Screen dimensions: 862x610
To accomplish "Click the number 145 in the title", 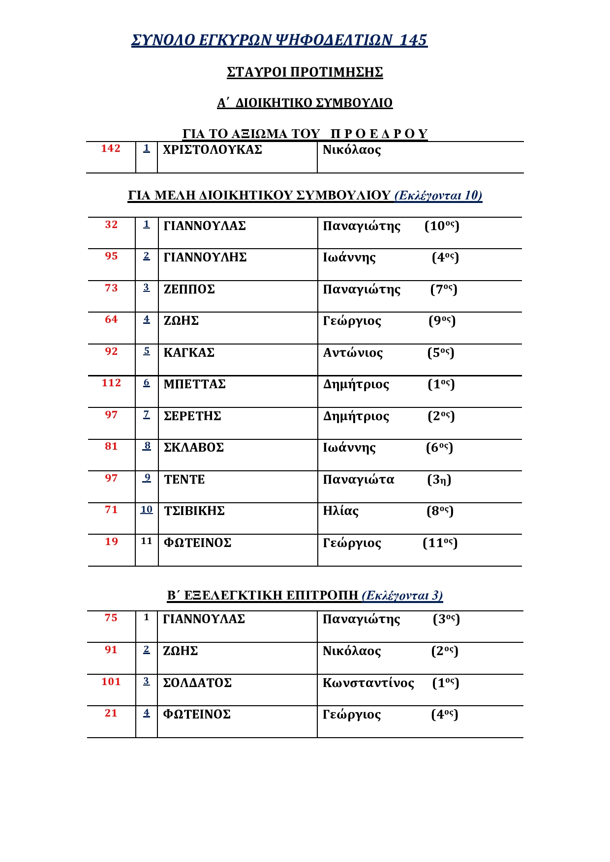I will pyautogui.click(x=413, y=40).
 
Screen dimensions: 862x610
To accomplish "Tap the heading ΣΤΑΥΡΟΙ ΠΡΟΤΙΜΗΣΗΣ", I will pyautogui.click(x=305, y=72).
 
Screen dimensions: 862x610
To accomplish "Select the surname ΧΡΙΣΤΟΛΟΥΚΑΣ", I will pyautogui.click(x=213, y=149).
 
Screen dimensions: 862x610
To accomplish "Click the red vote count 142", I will pyautogui.click(x=111, y=148).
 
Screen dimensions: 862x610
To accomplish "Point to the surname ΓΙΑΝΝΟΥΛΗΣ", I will pyautogui.click(x=205, y=258).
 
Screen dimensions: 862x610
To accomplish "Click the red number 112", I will pyautogui.click(x=111, y=383).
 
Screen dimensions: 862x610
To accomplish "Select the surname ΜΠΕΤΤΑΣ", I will pyautogui.click(x=194, y=384).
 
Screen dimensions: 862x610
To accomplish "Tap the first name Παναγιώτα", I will pyautogui.click(x=358, y=480).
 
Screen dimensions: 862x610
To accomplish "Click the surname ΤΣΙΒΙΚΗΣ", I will pyautogui.click(x=194, y=511).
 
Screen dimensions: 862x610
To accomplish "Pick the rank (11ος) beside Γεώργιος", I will pyautogui.click(x=440, y=543).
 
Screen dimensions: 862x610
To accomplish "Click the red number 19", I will pyautogui.click(x=111, y=542).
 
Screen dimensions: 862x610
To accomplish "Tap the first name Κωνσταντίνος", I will pyautogui.click(x=368, y=683).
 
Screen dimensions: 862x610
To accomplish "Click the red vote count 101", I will pyautogui.click(x=111, y=682).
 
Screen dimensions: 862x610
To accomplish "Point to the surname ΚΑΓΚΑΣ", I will pyautogui.click(x=189, y=353).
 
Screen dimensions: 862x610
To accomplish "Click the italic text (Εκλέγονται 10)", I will pyautogui.click(x=438, y=196).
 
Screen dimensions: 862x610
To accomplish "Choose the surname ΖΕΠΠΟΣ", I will pyautogui.click(x=189, y=289).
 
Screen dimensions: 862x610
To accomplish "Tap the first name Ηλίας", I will pyautogui.click(x=340, y=511).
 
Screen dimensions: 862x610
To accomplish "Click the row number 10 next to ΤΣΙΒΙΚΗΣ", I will pyautogui.click(x=147, y=510).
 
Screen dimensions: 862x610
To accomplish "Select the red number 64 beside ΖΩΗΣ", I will pyautogui.click(x=111, y=319).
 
